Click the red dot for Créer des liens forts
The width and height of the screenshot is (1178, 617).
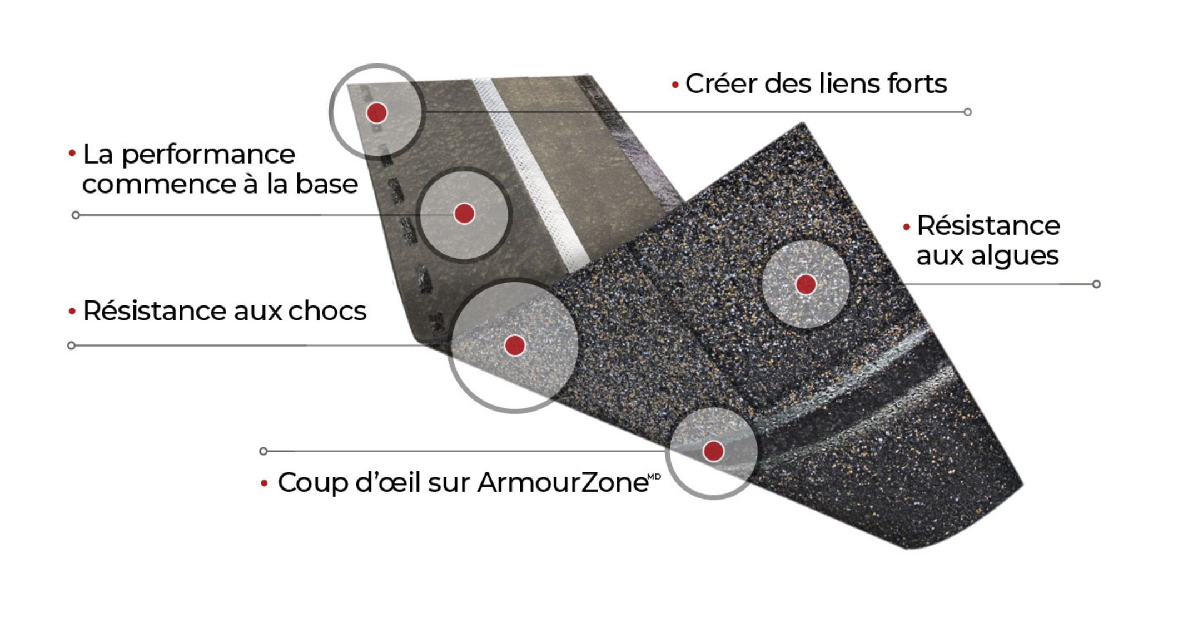pos(376,113)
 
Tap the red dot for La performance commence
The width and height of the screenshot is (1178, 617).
pos(464,214)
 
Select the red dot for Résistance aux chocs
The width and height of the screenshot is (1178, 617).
pos(515,345)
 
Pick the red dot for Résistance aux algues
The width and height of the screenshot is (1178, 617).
pos(806,284)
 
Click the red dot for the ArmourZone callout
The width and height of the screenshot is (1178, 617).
pos(713,451)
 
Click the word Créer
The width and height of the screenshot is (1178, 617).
pos(721,84)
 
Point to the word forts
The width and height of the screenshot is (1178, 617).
pos(917,84)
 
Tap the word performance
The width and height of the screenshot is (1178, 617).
pos(208,155)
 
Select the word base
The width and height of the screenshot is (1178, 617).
pos(326,184)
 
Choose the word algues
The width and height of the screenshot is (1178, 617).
pos(987,256)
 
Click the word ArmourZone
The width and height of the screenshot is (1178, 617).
pos(563,482)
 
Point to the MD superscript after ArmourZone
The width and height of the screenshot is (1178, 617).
pos(654,476)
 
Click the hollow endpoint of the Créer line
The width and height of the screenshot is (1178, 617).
pos(967,112)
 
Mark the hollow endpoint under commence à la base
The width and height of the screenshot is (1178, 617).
pos(76,215)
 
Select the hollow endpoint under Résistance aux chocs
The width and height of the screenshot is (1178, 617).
pos(71,345)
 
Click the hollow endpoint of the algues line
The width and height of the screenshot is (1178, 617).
pos(1096,284)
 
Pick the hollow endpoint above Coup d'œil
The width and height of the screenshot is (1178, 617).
pos(264,451)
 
